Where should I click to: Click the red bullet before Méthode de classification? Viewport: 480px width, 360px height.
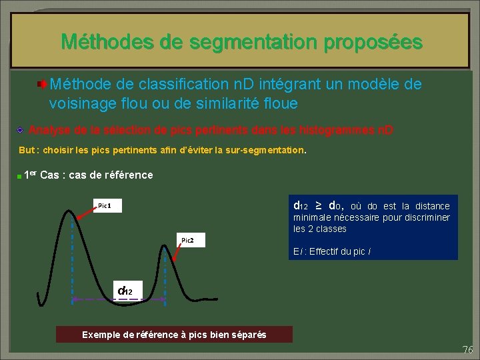[x=42, y=85]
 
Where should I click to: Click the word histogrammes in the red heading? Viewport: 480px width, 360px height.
[x=332, y=130]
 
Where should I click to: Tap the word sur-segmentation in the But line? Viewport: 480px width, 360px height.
[x=265, y=150]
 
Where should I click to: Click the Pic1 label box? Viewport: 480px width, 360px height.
[x=109, y=206]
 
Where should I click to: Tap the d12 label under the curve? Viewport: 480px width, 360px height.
[x=125, y=291]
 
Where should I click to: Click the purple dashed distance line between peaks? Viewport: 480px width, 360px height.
[x=119, y=300]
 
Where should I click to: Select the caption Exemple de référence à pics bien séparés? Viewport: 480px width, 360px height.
[x=174, y=335]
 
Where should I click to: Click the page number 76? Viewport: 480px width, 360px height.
[x=467, y=350]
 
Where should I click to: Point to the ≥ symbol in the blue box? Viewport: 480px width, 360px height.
[x=318, y=205]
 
